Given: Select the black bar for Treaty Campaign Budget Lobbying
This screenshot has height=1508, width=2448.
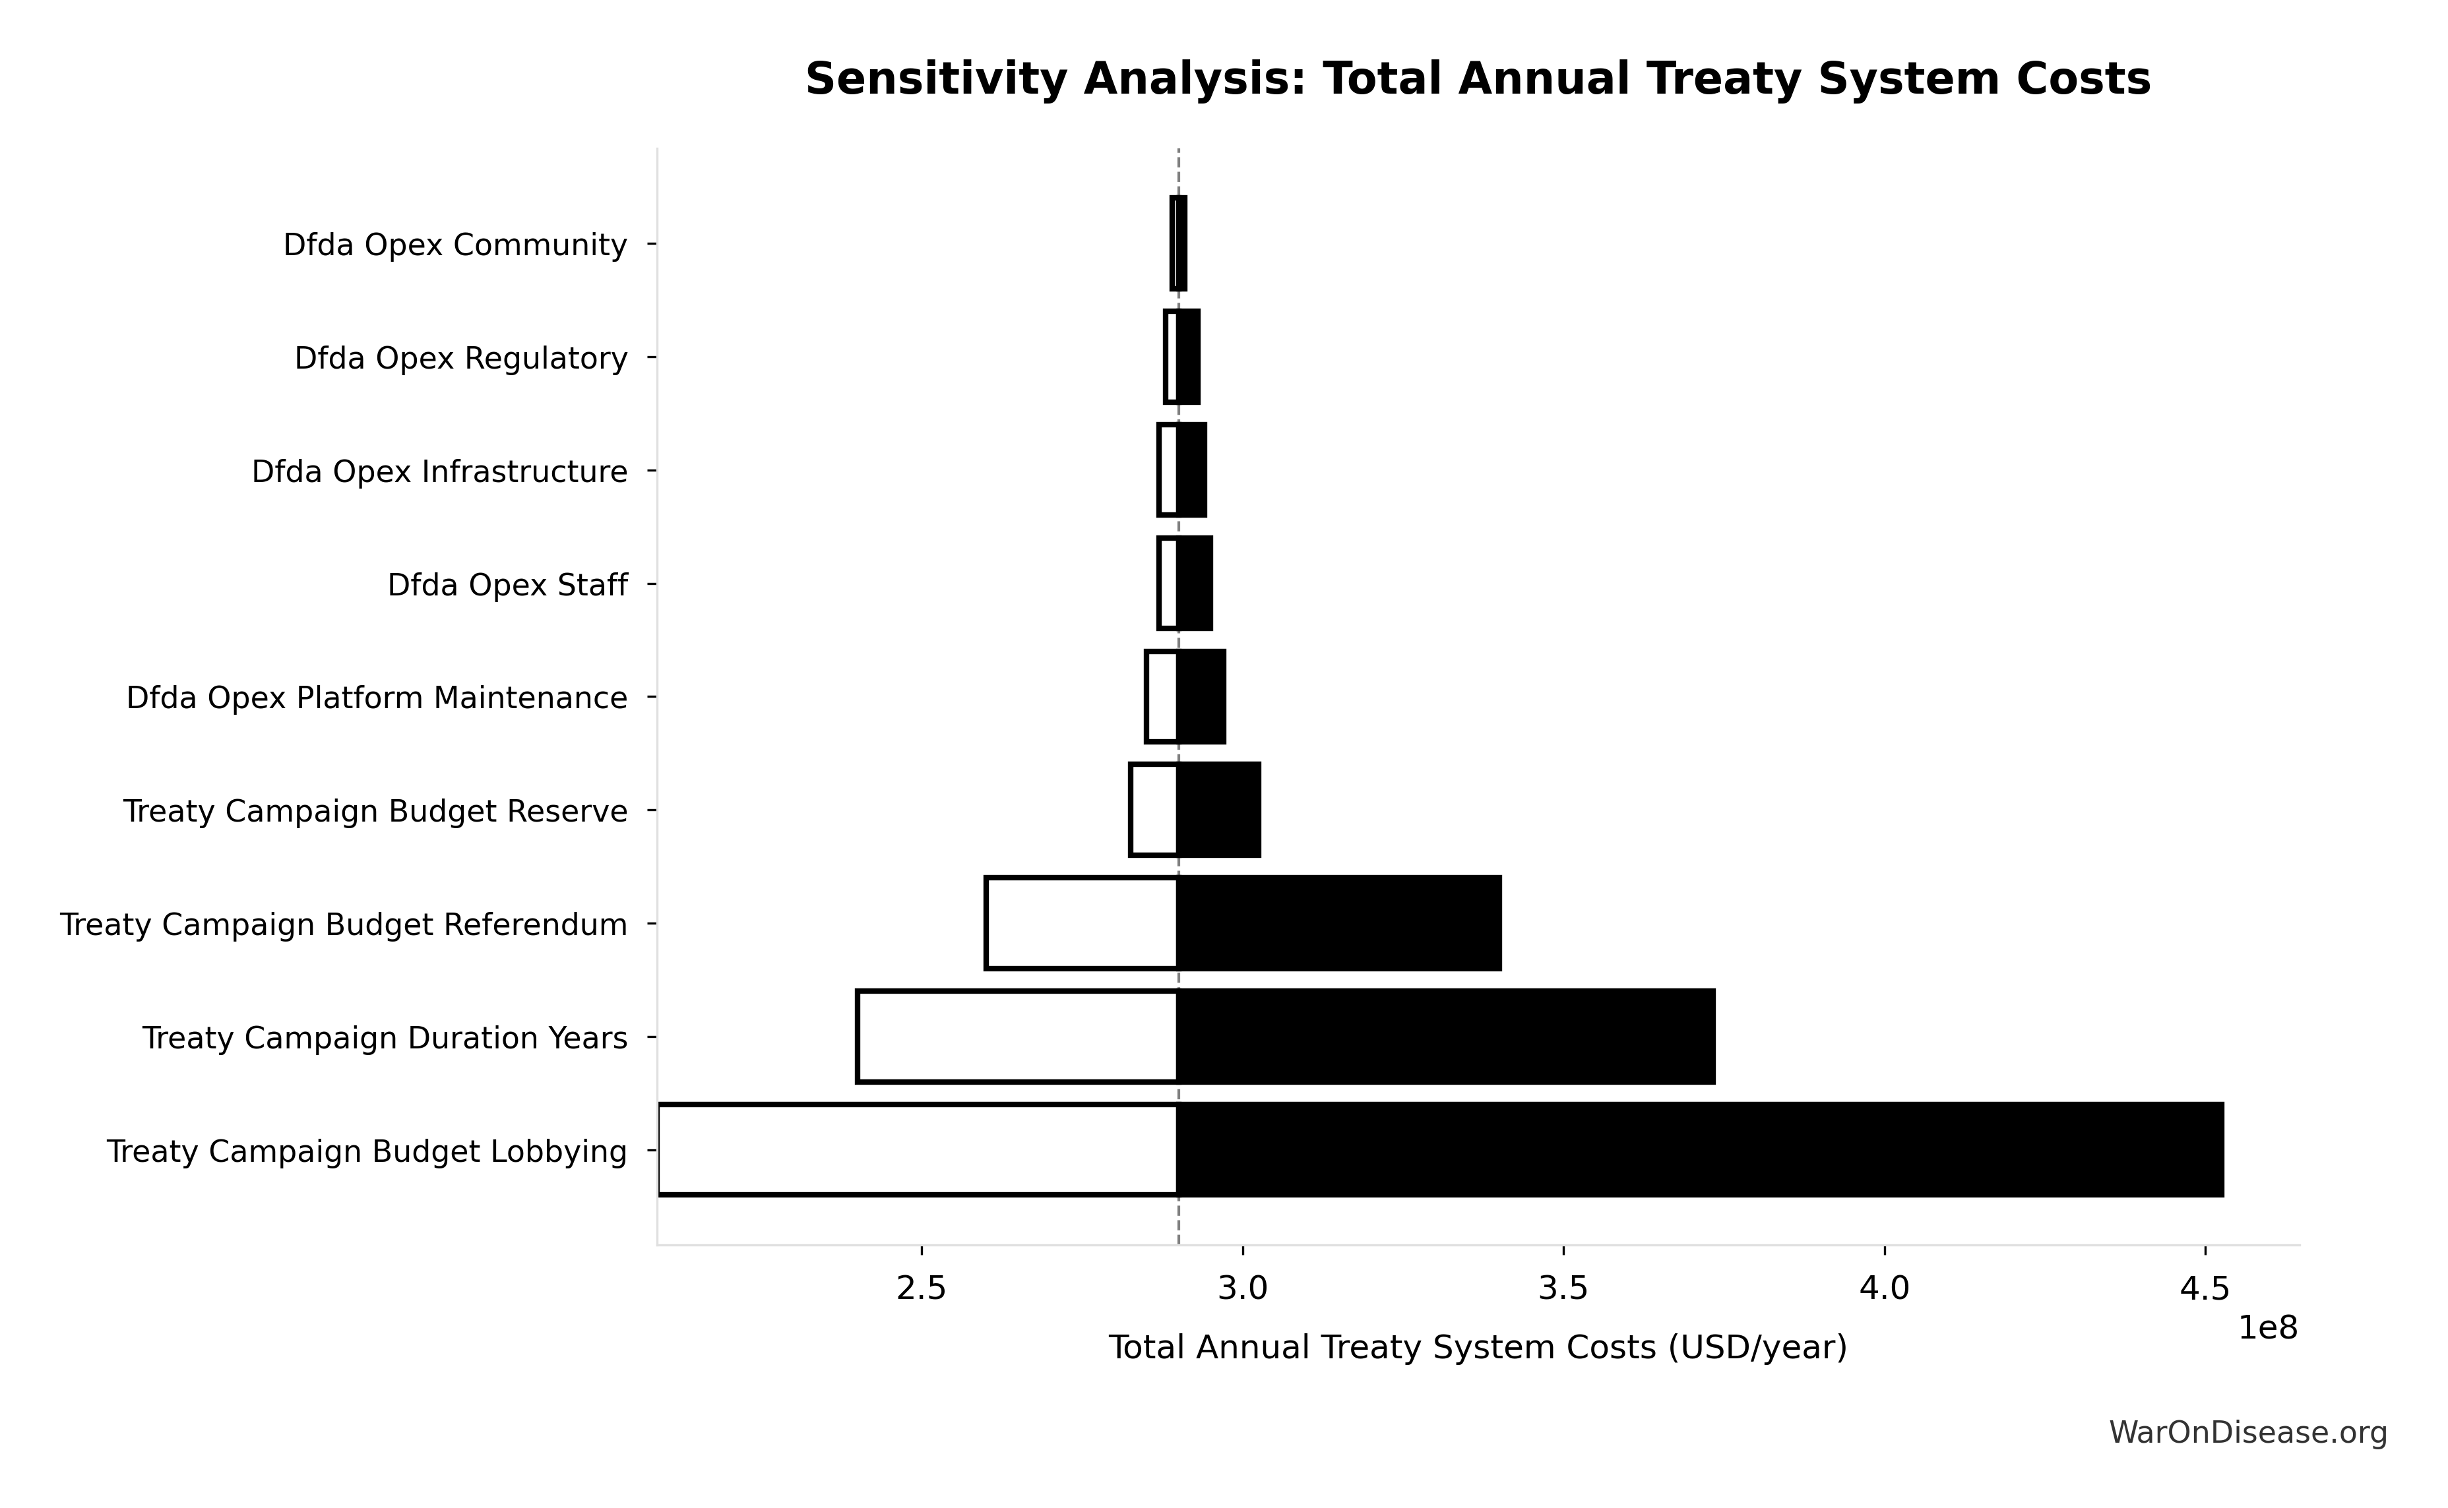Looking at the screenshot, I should click(1700, 1150).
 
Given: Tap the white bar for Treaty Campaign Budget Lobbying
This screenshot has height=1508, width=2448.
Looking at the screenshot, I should click(918, 1150).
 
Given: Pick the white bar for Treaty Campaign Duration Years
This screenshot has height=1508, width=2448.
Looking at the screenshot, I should click(1017, 1037).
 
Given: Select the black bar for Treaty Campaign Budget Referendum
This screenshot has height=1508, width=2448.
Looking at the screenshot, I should click(1338, 924).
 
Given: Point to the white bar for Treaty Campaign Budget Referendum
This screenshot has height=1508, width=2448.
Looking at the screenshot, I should click(1083, 924).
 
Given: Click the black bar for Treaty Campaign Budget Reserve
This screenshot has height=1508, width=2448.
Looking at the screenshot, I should click(1219, 810).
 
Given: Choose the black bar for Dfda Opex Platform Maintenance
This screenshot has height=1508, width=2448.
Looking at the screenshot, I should click(1201, 697).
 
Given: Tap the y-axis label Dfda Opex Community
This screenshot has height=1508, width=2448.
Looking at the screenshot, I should click(455, 245).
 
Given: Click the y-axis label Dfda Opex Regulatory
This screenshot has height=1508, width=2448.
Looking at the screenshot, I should click(461, 358).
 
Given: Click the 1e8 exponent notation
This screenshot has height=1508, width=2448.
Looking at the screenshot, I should click(2267, 1329).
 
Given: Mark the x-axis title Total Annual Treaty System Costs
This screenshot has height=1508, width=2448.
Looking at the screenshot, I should click(1478, 1348).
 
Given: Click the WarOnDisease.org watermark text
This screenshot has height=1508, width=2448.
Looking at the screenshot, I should click(2247, 1433).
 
